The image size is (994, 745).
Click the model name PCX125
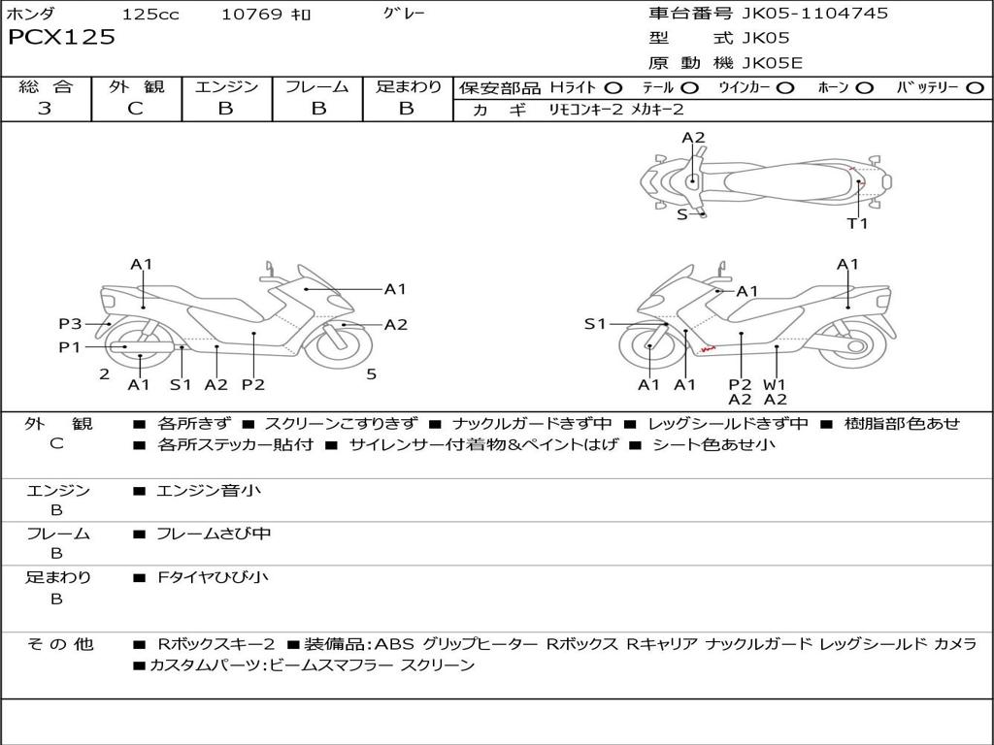coord(62,38)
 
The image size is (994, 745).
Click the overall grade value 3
coord(45,109)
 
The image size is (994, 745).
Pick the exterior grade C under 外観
coord(135,109)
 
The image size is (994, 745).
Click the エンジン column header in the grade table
coord(226,87)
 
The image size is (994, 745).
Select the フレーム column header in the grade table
coord(316,87)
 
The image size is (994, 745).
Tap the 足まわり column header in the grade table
coord(408,87)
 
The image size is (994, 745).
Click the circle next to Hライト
coord(613,88)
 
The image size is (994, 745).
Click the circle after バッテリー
coord(976,88)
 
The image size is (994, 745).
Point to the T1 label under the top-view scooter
coord(857,223)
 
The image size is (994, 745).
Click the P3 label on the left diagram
coord(70,324)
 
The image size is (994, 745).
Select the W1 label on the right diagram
coord(775,385)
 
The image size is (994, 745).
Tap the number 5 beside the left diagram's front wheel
coord(372,373)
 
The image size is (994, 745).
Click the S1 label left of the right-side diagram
coord(595,324)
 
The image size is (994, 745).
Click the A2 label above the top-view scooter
coord(693,138)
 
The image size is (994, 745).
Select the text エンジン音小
coord(209,491)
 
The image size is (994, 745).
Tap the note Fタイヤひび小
coord(213,577)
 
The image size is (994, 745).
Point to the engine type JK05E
coord(773,63)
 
